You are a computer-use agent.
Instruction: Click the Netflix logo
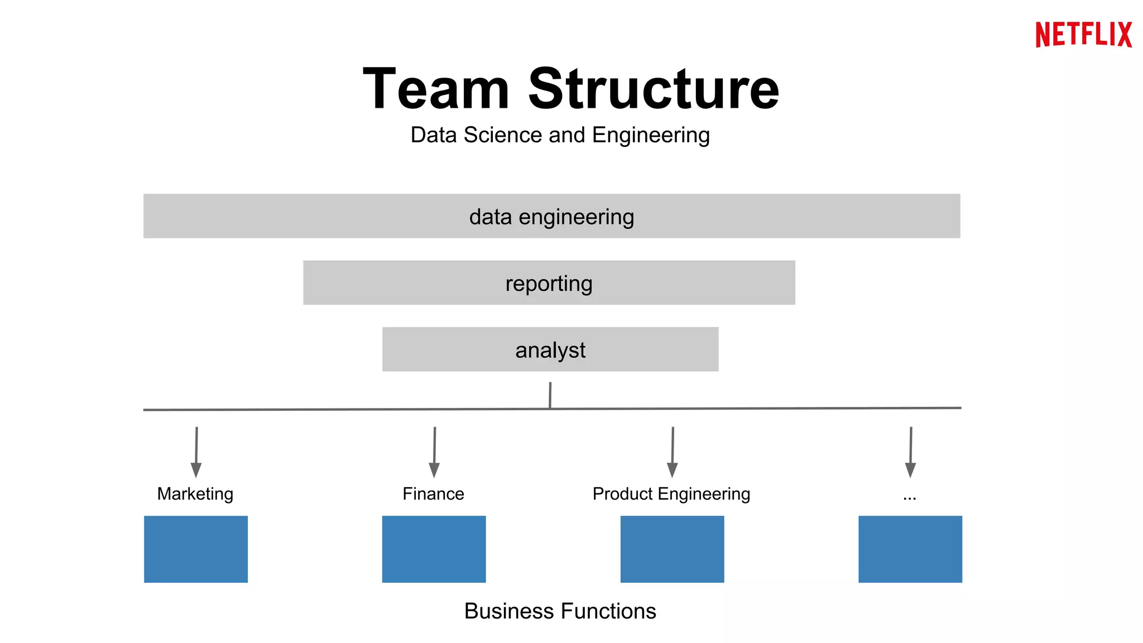pyautogui.click(x=1083, y=35)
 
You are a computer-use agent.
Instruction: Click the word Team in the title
pyautogui.click(x=436, y=89)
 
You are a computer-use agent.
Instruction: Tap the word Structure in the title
pyautogui.click(x=654, y=89)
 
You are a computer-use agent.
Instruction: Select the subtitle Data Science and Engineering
pyautogui.click(x=560, y=135)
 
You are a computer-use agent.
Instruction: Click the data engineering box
pyautogui.click(x=551, y=217)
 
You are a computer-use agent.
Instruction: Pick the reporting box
pyautogui.click(x=549, y=283)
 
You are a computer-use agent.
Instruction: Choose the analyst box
pyautogui.click(x=550, y=350)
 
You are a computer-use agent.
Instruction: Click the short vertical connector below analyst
pyautogui.click(x=550, y=395)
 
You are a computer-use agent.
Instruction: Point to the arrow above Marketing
pyautogui.click(x=196, y=452)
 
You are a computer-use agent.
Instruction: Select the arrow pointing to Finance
pyautogui.click(x=434, y=452)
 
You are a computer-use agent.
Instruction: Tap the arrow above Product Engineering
pyautogui.click(x=673, y=452)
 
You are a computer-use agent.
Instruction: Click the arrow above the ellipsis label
pyautogui.click(x=910, y=452)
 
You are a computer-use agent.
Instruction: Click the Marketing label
pyautogui.click(x=195, y=494)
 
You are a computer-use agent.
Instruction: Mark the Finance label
pyautogui.click(x=433, y=494)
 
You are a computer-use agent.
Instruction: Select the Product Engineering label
pyautogui.click(x=671, y=494)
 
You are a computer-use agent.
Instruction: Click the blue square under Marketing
pyautogui.click(x=196, y=549)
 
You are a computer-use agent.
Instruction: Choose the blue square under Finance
pyautogui.click(x=434, y=549)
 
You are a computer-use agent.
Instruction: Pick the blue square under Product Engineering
pyautogui.click(x=672, y=549)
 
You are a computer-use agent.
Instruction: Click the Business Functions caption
pyautogui.click(x=560, y=611)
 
